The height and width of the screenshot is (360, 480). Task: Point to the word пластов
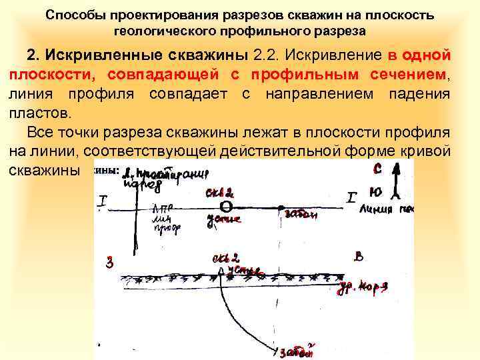pos(37,114)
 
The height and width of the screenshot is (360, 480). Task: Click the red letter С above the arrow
pos(377,169)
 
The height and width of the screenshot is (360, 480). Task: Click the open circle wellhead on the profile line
pos(227,205)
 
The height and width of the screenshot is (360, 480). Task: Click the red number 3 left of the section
pos(111,262)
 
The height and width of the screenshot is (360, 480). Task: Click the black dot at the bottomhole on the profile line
pos(281,206)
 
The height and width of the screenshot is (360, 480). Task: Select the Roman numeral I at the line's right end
pos(352,197)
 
